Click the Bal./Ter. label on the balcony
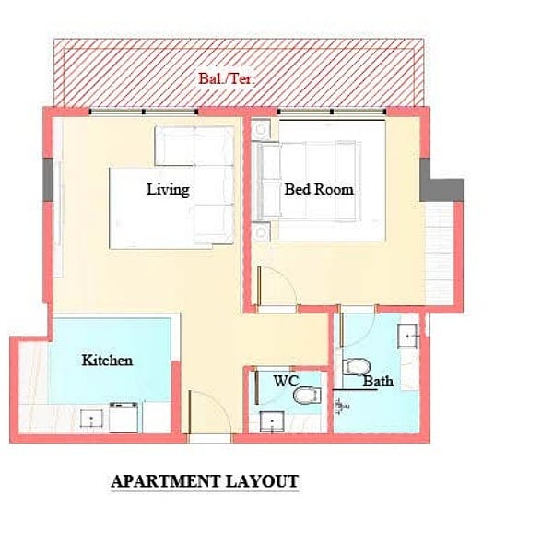(x=226, y=78)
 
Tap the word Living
(x=168, y=189)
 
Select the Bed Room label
(x=319, y=189)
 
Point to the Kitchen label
(x=107, y=361)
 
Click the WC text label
(x=286, y=381)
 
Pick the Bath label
(x=378, y=382)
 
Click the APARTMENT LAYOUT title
(x=205, y=481)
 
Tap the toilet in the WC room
(x=307, y=396)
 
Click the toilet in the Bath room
(x=356, y=367)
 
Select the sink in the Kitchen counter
(x=91, y=419)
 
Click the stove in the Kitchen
(x=124, y=417)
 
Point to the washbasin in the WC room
(x=272, y=421)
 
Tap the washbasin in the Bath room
(x=407, y=337)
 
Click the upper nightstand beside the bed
(x=261, y=130)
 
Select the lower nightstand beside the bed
(x=261, y=231)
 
